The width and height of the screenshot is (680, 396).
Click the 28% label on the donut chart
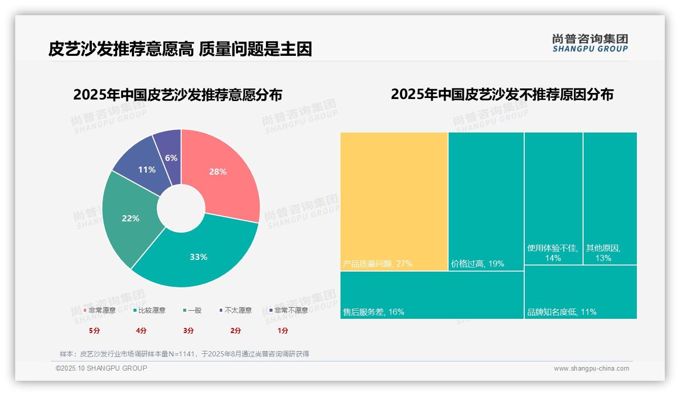click(x=218, y=172)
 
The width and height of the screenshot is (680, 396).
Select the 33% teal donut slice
click(x=198, y=257)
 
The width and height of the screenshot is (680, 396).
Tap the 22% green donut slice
click(x=130, y=218)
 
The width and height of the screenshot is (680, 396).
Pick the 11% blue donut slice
click(x=147, y=170)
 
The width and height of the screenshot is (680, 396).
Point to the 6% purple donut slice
click(x=172, y=158)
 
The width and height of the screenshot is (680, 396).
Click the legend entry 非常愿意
click(x=100, y=310)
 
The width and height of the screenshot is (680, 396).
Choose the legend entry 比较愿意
click(x=150, y=310)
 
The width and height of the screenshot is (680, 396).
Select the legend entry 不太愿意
click(x=236, y=310)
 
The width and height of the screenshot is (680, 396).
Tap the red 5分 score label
click(x=94, y=331)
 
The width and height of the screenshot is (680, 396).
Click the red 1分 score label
click(x=283, y=331)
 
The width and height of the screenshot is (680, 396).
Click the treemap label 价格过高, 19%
click(x=478, y=264)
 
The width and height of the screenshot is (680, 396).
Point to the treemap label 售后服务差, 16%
click(x=373, y=312)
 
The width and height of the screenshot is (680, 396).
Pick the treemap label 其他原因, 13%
click(x=603, y=253)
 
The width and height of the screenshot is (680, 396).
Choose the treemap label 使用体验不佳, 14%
click(x=553, y=253)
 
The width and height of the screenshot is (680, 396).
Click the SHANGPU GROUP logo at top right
click(x=590, y=43)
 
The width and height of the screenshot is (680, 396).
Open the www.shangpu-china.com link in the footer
click(x=591, y=369)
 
